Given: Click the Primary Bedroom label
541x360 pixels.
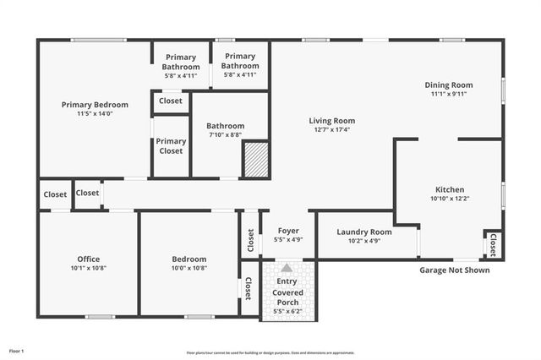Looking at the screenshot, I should click(95, 105).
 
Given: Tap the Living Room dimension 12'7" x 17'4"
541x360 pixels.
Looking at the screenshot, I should click(331, 130).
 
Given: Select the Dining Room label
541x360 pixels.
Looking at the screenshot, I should click(448, 85).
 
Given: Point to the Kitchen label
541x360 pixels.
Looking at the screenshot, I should click(450, 189).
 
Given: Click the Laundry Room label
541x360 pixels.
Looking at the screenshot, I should click(364, 232).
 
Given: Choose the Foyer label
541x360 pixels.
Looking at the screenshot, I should click(288, 230).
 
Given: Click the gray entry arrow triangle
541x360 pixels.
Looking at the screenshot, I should click(287, 267).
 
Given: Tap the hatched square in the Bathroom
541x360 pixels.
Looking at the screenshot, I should click(255, 160).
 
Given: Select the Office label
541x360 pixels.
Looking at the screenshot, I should click(88, 259).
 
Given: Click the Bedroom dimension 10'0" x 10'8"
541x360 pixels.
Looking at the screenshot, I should click(189, 268).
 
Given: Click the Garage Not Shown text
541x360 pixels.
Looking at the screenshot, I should click(455, 271).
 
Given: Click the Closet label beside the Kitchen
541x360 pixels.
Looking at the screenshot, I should click(492, 244).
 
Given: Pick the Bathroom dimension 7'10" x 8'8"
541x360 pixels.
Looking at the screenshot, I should click(226, 134).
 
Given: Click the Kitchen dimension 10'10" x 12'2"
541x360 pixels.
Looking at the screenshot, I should click(450, 199).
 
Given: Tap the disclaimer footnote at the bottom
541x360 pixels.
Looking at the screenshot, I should click(270, 352).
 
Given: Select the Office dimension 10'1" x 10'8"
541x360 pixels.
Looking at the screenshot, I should click(88, 268).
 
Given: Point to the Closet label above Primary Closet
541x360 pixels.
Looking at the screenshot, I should click(170, 101).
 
